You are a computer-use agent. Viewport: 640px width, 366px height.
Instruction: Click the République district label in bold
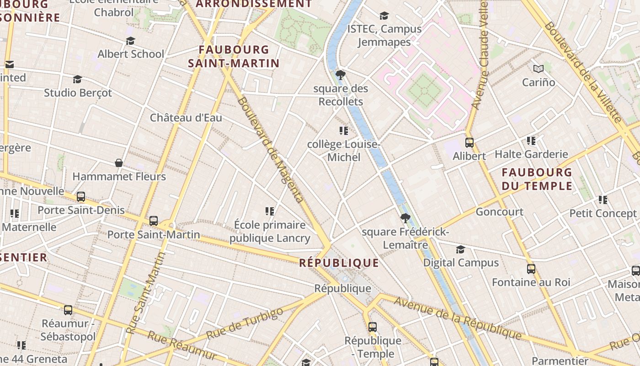pos(339,263)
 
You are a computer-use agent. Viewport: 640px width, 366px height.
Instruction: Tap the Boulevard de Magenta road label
pos(270,150)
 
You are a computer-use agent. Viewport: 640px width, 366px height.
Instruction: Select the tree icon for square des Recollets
pos(340,75)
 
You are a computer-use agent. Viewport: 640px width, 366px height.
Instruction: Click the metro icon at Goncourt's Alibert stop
pos(469,143)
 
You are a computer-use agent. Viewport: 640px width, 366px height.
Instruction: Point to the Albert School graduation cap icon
pos(130,41)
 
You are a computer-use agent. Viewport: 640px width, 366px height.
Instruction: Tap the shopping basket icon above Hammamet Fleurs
pos(119,163)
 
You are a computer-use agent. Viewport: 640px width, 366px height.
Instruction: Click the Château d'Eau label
pos(186,118)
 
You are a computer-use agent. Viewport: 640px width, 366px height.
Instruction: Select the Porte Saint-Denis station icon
pos(81,197)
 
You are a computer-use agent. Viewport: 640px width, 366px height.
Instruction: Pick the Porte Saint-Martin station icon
pos(154,221)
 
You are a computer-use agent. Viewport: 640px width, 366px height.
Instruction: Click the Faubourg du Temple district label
pos(537,179)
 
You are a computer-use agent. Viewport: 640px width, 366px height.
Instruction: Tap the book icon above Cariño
pos(539,69)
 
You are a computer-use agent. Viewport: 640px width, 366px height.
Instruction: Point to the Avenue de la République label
pos(458,318)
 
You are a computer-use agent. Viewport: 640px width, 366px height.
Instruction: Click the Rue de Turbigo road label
pos(245,324)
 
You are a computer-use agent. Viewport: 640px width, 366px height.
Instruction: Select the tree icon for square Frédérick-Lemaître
pos(405,218)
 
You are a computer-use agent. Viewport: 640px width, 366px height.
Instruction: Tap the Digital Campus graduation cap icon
pos(460,249)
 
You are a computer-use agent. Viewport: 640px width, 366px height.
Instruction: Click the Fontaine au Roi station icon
pos(531,269)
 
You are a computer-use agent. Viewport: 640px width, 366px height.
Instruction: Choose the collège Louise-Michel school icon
pos(344,131)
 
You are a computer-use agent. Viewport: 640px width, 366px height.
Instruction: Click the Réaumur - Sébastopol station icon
pos(68,310)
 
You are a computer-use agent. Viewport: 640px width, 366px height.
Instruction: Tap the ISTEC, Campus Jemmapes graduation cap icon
pos(384,16)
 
